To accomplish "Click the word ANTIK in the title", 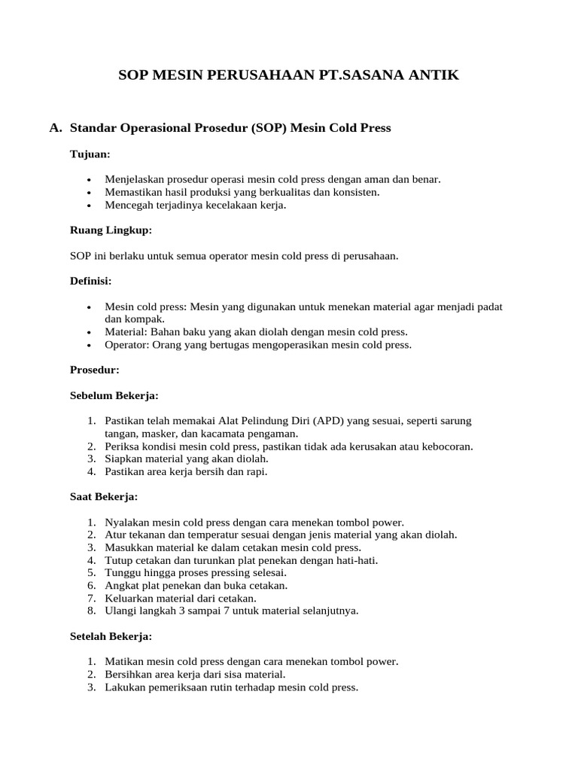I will [430, 75].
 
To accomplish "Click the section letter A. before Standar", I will [55, 128].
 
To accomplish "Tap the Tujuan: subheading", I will [90, 154].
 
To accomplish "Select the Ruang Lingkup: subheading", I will [111, 230].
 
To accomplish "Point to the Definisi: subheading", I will [90, 281].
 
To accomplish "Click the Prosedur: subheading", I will [94, 370].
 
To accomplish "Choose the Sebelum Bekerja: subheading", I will [114, 395].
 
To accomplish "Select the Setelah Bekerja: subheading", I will [111, 636].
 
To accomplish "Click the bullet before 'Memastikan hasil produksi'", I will [90, 193].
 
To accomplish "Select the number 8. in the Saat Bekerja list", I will [91, 611].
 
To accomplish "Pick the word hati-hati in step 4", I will [356, 560].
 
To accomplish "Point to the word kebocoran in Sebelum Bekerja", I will [447, 446].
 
